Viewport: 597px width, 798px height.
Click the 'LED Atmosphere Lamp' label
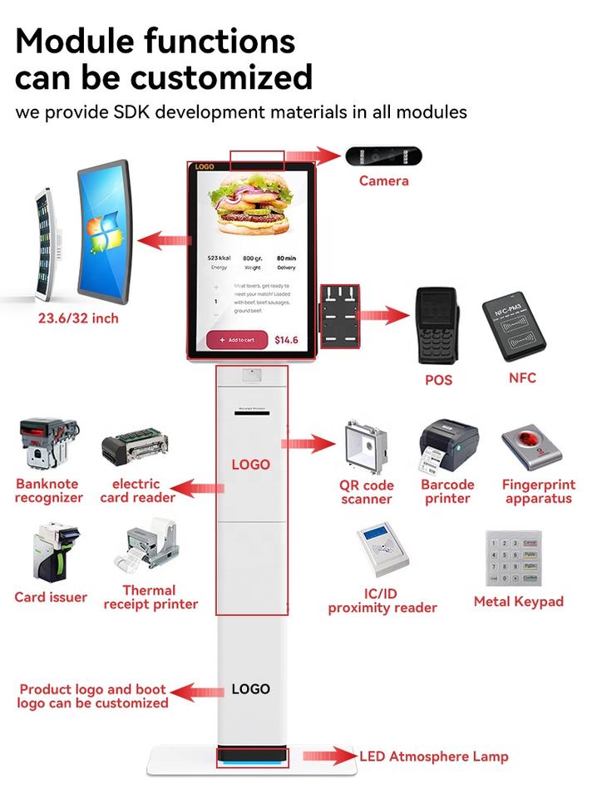click(x=433, y=756)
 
